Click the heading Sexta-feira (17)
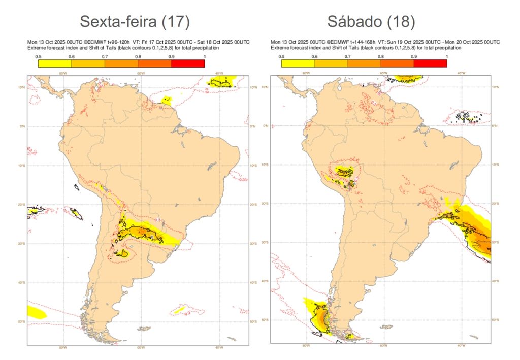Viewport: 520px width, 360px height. [x=135, y=21]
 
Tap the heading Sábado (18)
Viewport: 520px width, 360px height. [x=371, y=21]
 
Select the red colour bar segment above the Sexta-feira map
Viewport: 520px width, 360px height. [x=188, y=63]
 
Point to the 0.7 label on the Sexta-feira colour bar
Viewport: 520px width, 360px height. [x=105, y=56]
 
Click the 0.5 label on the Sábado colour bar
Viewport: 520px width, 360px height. [x=281, y=56]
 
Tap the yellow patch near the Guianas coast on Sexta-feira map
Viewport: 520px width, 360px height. [x=166, y=101]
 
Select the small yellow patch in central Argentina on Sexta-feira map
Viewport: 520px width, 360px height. [x=124, y=252]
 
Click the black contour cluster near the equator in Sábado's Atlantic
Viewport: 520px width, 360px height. [x=467, y=117]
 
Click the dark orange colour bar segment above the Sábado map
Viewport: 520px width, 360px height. [x=397, y=63]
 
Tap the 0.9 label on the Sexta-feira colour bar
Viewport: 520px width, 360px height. [x=171, y=56]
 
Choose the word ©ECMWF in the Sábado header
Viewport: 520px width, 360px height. [x=338, y=41]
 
